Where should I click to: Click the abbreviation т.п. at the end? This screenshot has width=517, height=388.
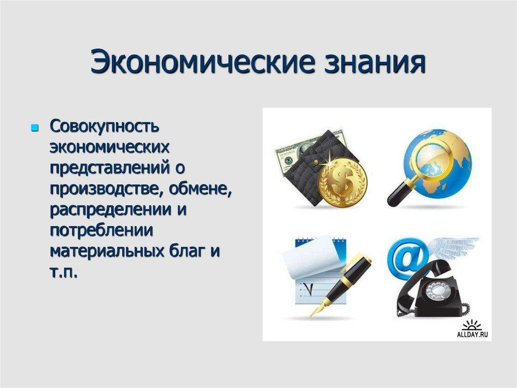point(64,272)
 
